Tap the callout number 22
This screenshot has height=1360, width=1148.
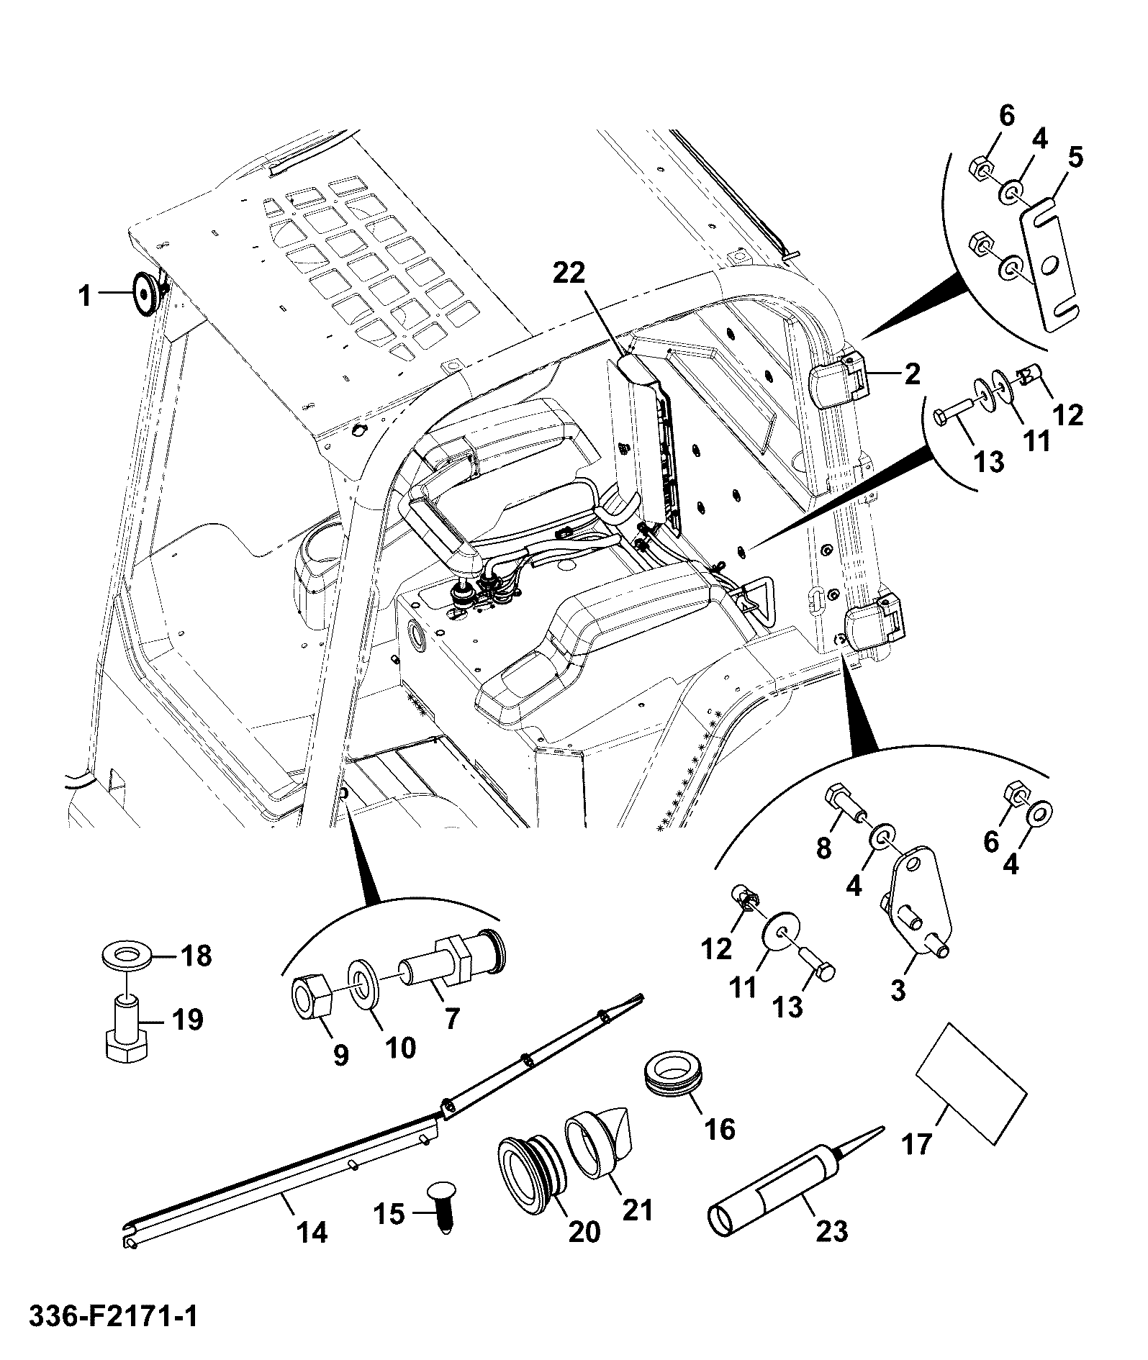point(569,274)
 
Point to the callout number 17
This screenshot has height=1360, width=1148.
point(918,1143)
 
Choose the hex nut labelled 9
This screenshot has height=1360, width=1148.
point(310,996)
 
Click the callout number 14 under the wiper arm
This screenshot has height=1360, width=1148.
point(311,1233)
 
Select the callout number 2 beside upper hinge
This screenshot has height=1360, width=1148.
point(912,373)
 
